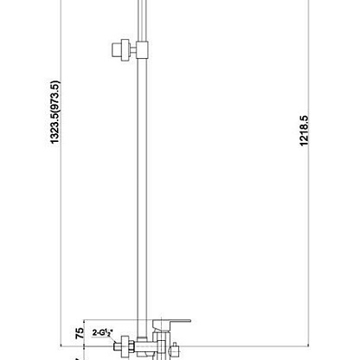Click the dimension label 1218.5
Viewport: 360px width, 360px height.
point(304,131)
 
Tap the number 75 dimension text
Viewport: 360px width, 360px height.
point(80,333)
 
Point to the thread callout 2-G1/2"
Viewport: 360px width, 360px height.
point(103,332)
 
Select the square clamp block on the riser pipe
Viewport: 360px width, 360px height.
point(142,50)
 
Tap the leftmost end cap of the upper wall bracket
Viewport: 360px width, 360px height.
point(116,49)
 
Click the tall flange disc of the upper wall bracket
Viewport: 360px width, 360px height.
point(125,50)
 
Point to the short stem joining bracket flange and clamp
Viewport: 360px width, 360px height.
point(133,50)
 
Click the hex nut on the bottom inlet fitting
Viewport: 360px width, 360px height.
point(132,346)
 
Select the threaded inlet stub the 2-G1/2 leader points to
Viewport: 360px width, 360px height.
point(117,346)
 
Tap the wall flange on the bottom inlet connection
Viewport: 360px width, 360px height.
point(125,347)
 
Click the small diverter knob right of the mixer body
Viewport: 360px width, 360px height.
point(174,350)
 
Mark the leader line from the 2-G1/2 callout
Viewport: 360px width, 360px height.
point(112,339)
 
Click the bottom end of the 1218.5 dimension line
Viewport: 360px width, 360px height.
point(308,345)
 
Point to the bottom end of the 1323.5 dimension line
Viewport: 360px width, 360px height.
point(61,345)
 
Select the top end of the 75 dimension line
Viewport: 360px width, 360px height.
point(84,320)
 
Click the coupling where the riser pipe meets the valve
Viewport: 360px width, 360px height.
point(142,339)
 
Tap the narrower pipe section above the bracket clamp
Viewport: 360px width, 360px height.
point(142,20)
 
